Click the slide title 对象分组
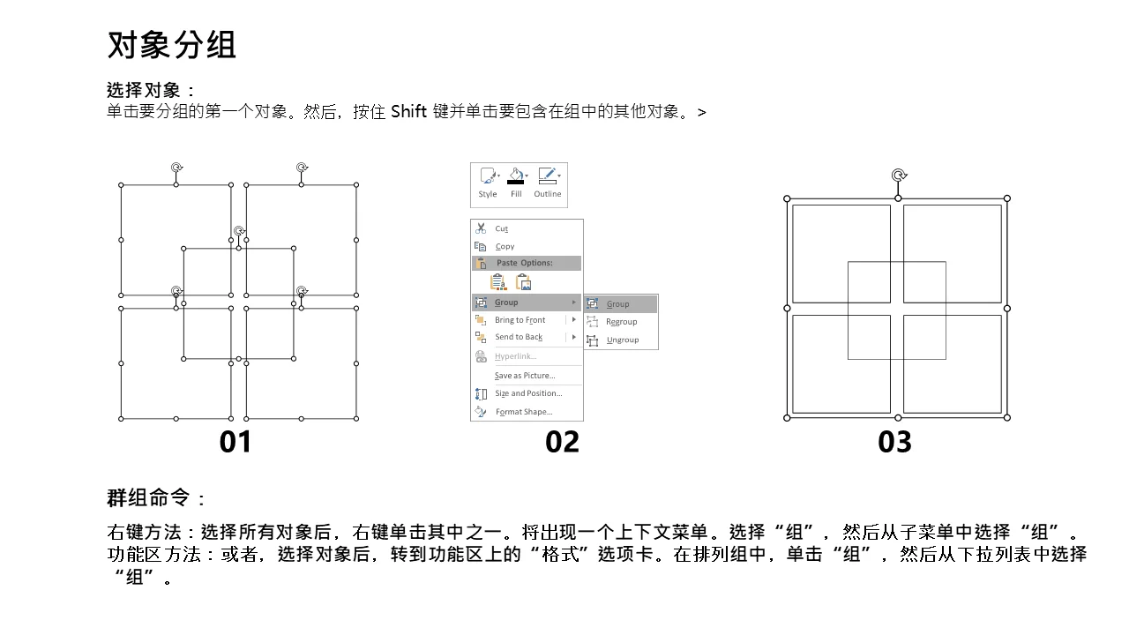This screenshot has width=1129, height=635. click(171, 45)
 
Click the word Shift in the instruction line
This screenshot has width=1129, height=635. click(408, 111)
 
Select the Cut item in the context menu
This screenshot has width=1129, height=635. click(502, 228)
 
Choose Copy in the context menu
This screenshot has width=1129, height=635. click(505, 246)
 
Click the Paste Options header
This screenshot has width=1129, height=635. click(524, 263)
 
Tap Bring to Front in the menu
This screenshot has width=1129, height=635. click(520, 320)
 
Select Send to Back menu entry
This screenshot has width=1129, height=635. click(519, 337)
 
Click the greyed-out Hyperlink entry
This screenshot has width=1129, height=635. click(516, 356)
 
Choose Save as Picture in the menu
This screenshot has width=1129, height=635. click(525, 376)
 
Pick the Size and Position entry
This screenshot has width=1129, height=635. click(528, 393)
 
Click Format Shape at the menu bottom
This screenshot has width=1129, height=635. click(524, 412)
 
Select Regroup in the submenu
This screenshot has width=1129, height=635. click(622, 322)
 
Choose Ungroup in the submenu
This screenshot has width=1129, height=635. click(623, 340)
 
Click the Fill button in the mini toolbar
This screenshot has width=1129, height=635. click(516, 183)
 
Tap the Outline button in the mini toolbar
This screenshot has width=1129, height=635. click(548, 183)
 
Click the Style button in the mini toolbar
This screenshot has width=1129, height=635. click(488, 183)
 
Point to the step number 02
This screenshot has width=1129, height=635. click(562, 442)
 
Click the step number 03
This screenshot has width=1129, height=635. click(894, 442)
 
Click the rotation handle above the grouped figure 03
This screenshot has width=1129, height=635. click(899, 176)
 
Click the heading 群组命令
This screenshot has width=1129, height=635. click(148, 498)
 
